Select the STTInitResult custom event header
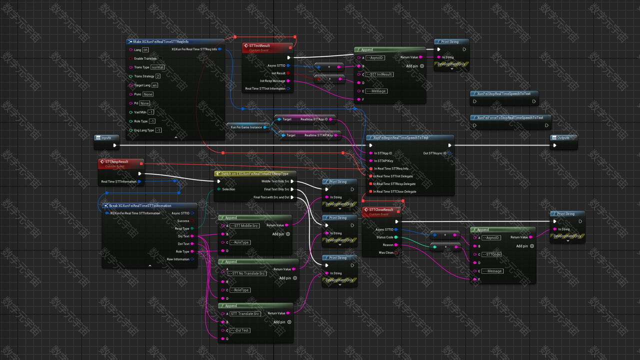259,46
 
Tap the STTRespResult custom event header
116,162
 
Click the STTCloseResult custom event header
381,210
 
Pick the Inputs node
106,137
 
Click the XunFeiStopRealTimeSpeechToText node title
503,93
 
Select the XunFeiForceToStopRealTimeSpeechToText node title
510,117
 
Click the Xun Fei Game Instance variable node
246,127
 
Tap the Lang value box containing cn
145,50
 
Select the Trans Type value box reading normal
157,67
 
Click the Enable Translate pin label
145,58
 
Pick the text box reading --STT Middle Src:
244,226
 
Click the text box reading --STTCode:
491,254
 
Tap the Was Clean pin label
386,252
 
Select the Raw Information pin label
178,259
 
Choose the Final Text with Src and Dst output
271,197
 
